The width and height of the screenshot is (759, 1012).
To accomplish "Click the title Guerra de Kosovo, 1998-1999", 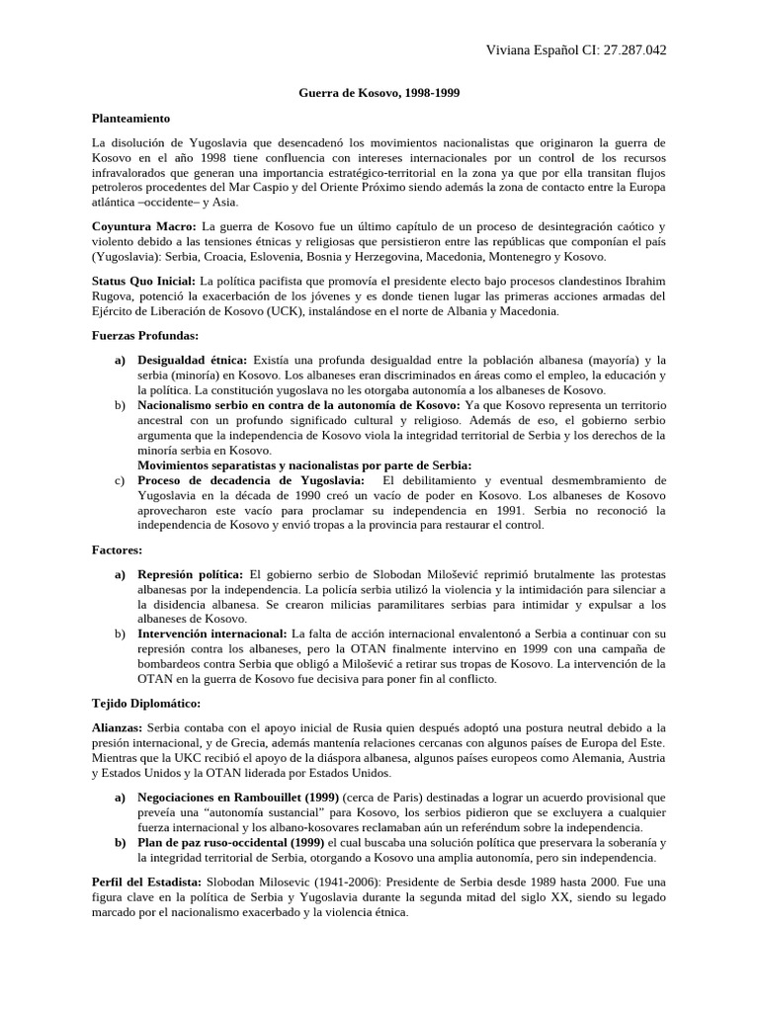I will point(379,93).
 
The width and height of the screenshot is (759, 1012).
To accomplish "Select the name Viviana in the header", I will point(513,50).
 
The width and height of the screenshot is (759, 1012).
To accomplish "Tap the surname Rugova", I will point(114,295).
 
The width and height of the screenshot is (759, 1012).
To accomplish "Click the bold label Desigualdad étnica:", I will point(194,360).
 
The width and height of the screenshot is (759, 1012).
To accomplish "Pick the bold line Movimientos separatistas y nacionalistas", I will point(303,464).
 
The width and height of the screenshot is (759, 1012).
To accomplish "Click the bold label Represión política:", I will point(191,573).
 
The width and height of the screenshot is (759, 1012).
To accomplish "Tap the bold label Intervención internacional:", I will point(211,633).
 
